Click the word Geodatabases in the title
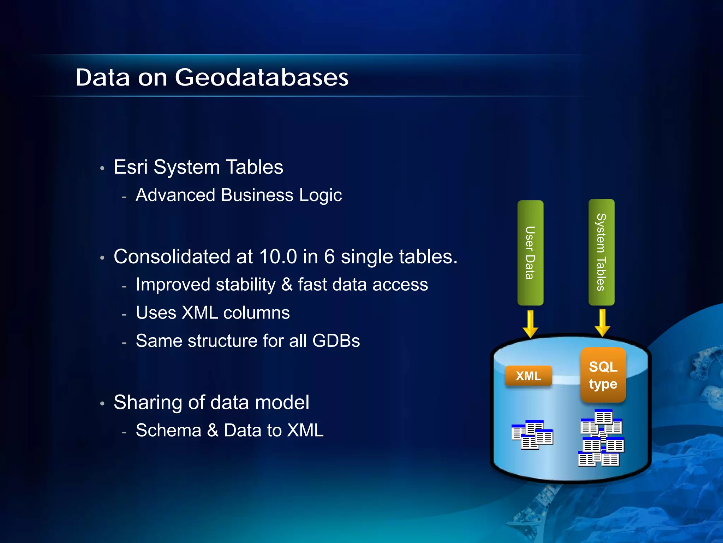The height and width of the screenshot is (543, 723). tap(262, 77)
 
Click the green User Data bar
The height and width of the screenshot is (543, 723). tap(530, 252)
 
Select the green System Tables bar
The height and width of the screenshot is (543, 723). tap(601, 252)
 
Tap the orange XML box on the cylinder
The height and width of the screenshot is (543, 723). tap(528, 376)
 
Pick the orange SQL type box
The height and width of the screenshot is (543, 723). tap(603, 375)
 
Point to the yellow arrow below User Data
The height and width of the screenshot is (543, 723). tap(530, 324)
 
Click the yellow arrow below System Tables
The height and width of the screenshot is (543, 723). tap(602, 323)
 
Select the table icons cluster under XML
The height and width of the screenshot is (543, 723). tap(532, 434)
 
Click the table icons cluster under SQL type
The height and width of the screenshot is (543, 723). tap(601, 438)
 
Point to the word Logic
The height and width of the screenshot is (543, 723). tap(320, 195)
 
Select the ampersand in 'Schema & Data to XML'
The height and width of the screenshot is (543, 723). tap(213, 431)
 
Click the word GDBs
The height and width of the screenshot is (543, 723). tap(336, 341)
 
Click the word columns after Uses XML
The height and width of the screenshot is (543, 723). tap(256, 313)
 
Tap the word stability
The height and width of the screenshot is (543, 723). tap(245, 285)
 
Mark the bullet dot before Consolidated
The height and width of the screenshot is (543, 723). tap(102, 258)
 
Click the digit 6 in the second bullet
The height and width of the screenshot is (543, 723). tap(329, 257)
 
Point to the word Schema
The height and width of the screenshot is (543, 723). tap(168, 431)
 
